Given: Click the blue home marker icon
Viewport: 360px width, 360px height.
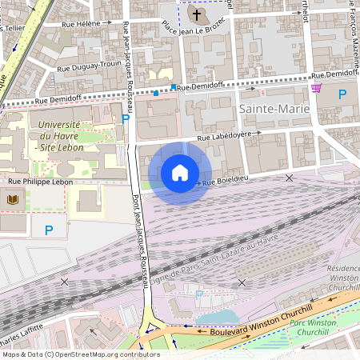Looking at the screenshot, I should (180, 173).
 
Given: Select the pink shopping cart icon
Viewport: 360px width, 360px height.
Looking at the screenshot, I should (317, 88).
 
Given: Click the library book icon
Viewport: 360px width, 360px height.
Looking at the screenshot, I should (12, 199).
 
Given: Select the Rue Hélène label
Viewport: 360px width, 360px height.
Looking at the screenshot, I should (83, 24).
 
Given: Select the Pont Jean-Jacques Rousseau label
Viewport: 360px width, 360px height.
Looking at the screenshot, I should (138, 240).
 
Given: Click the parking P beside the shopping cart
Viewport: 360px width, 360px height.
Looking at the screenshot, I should (342, 94).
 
